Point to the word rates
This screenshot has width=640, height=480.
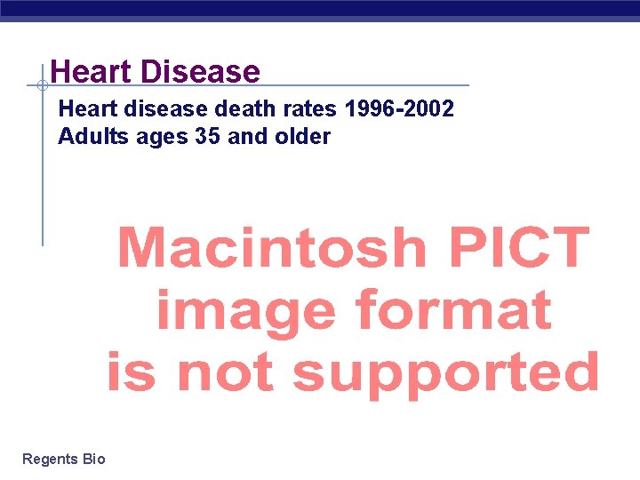[308, 110]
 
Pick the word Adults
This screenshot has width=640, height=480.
[88, 137]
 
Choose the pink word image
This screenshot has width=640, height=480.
[245, 311]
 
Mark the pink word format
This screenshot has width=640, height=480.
[453, 311]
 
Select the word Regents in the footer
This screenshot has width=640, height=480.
[50, 460]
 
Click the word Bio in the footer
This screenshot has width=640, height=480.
[93, 460]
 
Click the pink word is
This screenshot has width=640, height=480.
[131, 372]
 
